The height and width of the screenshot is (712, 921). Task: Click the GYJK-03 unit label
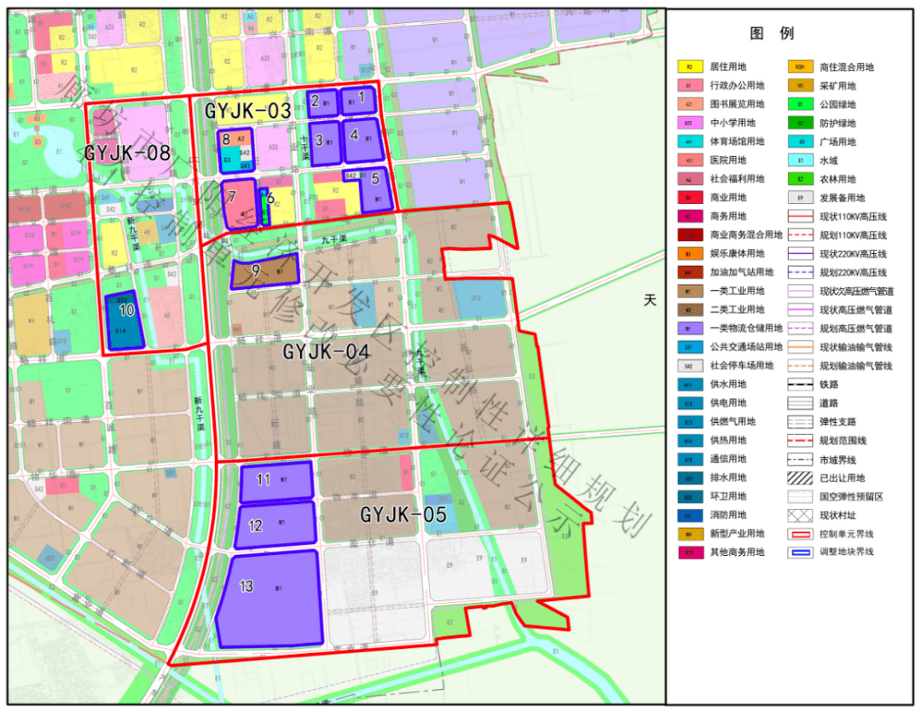[x=247, y=110]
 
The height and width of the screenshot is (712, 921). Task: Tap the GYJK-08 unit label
[x=127, y=153]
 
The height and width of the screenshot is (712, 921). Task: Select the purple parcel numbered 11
[x=277, y=483]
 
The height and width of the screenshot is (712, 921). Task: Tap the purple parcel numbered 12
[x=277, y=524]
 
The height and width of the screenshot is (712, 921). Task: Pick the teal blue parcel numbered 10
[x=125, y=320]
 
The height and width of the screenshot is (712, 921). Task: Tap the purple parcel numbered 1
[x=359, y=101]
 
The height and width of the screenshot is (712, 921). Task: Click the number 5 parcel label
[x=374, y=179]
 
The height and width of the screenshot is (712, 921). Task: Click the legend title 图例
[x=772, y=33]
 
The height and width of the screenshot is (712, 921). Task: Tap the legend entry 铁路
[x=828, y=384]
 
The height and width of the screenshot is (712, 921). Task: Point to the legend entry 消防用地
[x=727, y=514]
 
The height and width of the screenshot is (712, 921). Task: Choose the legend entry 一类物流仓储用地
[x=744, y=328]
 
